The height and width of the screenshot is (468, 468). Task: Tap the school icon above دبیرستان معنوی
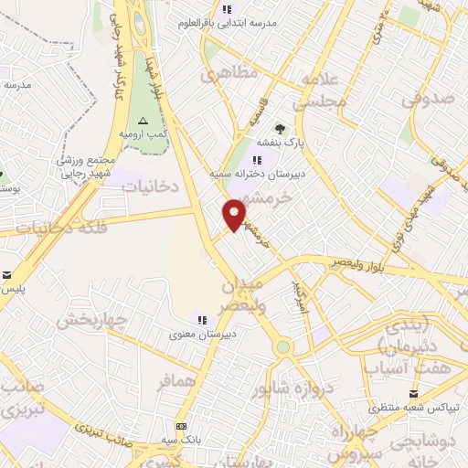pos(201,319)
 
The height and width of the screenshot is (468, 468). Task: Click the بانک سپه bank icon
pos(181,427)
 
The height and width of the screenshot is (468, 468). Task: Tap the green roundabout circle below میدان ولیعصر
pos(283,347)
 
